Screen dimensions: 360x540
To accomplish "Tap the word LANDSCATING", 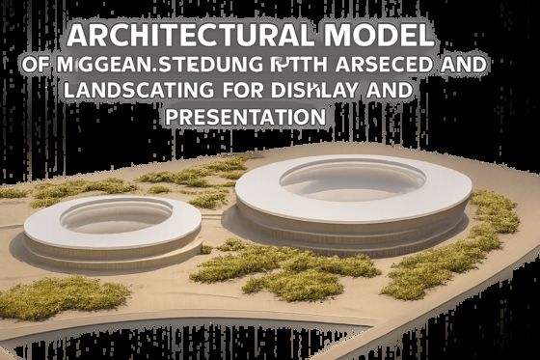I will (x=134, y=93).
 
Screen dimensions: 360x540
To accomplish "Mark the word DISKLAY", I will (x=318, y=93).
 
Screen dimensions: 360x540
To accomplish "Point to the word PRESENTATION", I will (x=243, y=117).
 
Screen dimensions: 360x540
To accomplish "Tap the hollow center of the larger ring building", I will (x=353, y=180).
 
